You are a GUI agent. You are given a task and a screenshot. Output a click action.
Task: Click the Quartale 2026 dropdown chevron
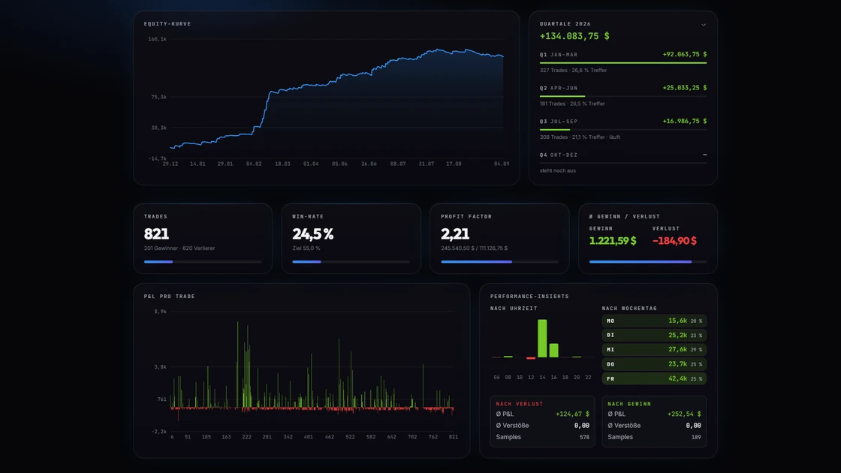tap(703, 25)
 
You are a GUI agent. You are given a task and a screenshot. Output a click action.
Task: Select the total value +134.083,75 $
tap(574, 36)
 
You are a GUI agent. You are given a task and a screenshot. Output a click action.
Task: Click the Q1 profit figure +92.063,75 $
tap(684, 54)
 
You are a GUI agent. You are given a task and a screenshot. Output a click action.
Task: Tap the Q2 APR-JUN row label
tap(559, 88)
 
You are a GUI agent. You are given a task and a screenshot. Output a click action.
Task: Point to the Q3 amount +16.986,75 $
tap(684, 121)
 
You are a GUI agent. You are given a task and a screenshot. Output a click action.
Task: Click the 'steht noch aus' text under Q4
tap(558, 170)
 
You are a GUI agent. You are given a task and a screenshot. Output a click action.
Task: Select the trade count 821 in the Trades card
tap(156, 233)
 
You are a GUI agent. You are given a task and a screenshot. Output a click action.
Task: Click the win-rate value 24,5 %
tap(312, 233)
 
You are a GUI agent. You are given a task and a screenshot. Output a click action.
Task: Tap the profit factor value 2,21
tap(455, 233)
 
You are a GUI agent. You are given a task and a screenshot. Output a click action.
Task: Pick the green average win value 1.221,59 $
tap(613, 241)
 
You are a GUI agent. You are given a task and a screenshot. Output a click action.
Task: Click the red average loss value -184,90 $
tap(674, 241)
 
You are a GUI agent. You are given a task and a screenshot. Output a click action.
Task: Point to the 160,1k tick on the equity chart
tap(157, 39)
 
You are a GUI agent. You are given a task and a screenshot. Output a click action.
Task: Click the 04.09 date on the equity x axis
tap(502, 164)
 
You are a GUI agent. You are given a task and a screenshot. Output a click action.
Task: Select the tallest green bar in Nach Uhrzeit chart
tap(542, 339)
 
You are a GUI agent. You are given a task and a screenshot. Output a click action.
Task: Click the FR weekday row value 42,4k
tap(677, 378)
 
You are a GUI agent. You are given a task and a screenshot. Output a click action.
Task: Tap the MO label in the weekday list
tap(610, 321)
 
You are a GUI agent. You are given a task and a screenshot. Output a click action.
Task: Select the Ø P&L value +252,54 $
tap(684, 414)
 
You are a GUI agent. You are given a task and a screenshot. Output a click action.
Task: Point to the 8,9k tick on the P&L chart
tap(161, 312)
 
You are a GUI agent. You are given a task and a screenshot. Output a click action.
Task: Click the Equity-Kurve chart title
tap(167, 24)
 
